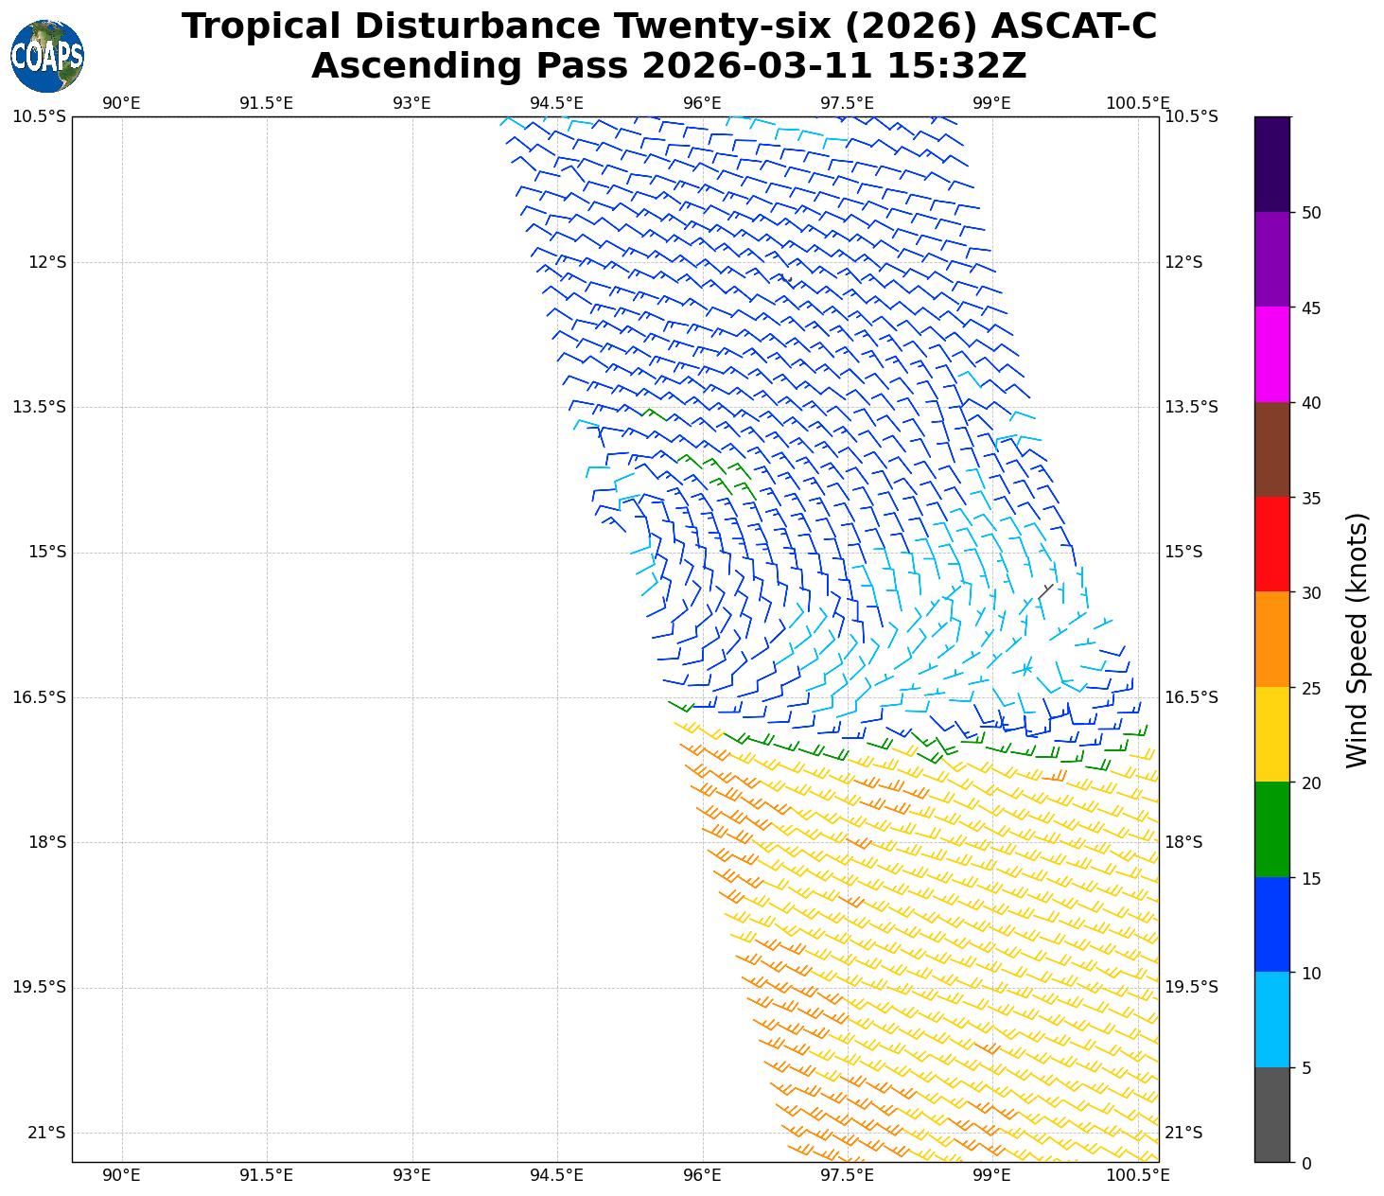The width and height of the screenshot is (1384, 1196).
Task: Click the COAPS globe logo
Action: pyautogui.click(x=47, y=56)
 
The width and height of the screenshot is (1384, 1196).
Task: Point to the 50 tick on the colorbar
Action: pyautogui.click(x=1310, y=213)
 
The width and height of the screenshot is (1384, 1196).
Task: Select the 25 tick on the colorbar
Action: pyautogui.click(x=1310, y=688)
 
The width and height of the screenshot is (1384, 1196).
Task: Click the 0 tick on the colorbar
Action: pyautogui.click(x=1306, y=1163)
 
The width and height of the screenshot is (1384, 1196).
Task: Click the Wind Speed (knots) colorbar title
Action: pyautogui.click(x=1357, y=640)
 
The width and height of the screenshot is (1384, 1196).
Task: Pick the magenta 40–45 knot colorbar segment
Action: pyautogui.click(x=1271, y=355)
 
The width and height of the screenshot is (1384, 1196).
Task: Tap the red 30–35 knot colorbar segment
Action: pyautogui.click(x=1271, y=544)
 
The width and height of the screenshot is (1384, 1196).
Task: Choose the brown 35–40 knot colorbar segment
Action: pyautogui.click(x=1271, y=449)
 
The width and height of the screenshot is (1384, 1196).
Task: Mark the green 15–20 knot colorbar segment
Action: pyautogui.click(x=1271, y=830)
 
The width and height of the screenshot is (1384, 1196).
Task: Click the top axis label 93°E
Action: pyautogui.click(x=412, y=103)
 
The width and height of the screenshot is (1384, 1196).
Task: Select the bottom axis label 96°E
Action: pyautogui.click(x=702, y=1175)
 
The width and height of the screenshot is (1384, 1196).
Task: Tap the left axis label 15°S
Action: pyautogui.click(x=47, y=552)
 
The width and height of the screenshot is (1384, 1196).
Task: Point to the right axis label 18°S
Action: pyautogui.click(x=1183, y=842)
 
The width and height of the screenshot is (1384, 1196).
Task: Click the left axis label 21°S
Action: pyautogui.click(x=47, y=1133)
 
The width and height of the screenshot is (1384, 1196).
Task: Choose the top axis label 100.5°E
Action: pyautogui.click(x=1137, y=103)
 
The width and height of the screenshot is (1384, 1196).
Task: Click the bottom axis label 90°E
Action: pyautogui.click(x=121, y=1175)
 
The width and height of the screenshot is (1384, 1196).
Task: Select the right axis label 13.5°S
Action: pyautogui.click(x=1190, y=407)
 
